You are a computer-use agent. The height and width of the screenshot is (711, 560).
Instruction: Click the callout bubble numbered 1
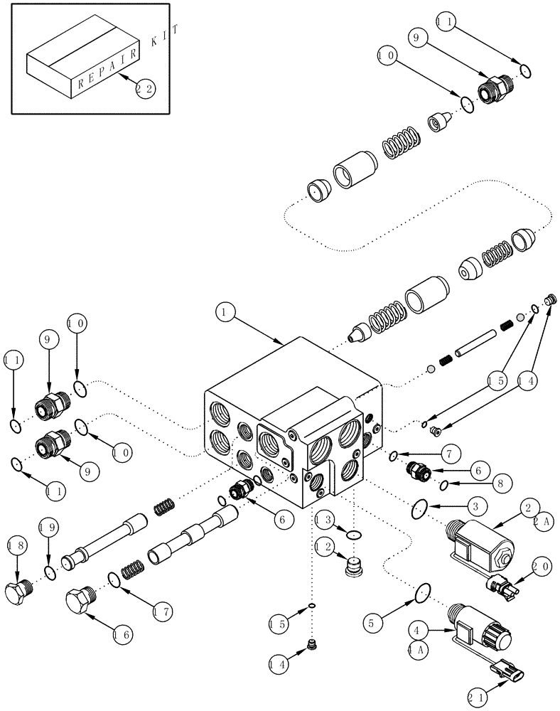(x=224, y=311)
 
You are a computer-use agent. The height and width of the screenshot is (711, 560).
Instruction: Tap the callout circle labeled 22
(x=146, y=89)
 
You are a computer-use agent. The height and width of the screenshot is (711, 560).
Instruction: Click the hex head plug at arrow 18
(x=17, y=592)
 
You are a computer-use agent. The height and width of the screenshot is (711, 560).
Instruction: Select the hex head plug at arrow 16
(x=80, y=603)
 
